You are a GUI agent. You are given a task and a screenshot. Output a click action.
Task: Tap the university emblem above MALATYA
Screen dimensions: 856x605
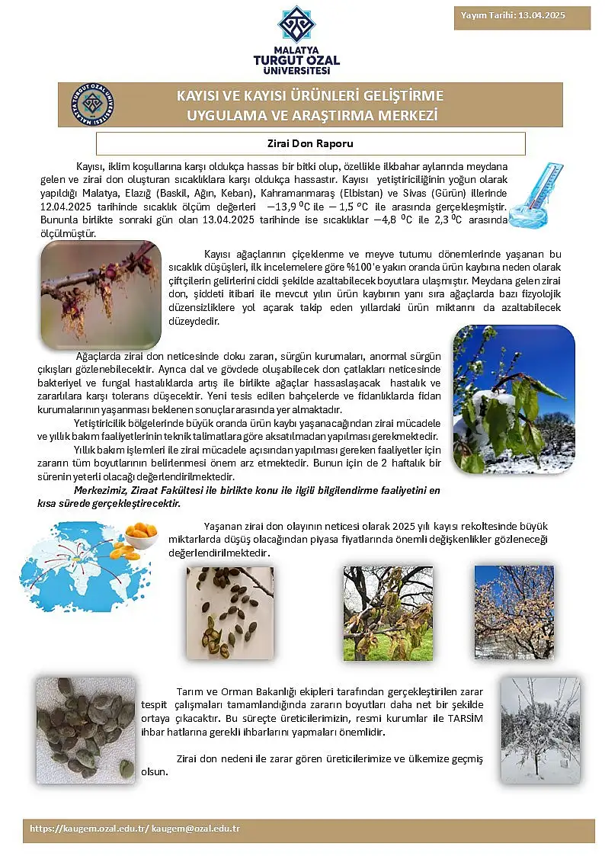tap(296, 24)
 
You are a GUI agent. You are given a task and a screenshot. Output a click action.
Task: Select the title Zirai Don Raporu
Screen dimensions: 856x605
tap(310, 143)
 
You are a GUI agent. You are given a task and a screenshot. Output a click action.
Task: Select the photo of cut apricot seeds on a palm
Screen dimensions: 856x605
tap(229, 612)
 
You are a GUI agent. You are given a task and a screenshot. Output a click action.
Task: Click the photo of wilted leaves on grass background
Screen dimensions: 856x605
tap(388, 613)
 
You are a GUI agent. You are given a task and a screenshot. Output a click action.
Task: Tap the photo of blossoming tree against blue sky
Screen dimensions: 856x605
tap(514, 612)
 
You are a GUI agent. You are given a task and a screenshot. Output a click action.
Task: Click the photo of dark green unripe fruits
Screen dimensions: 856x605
tap(85, 729)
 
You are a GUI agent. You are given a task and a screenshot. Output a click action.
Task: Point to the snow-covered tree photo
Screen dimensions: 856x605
tap(539, 729)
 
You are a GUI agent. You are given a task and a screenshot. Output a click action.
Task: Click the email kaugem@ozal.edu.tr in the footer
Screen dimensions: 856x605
tap(196, 828)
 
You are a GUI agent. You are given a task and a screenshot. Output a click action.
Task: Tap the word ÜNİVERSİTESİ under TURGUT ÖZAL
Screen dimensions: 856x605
tap(296, 71)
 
